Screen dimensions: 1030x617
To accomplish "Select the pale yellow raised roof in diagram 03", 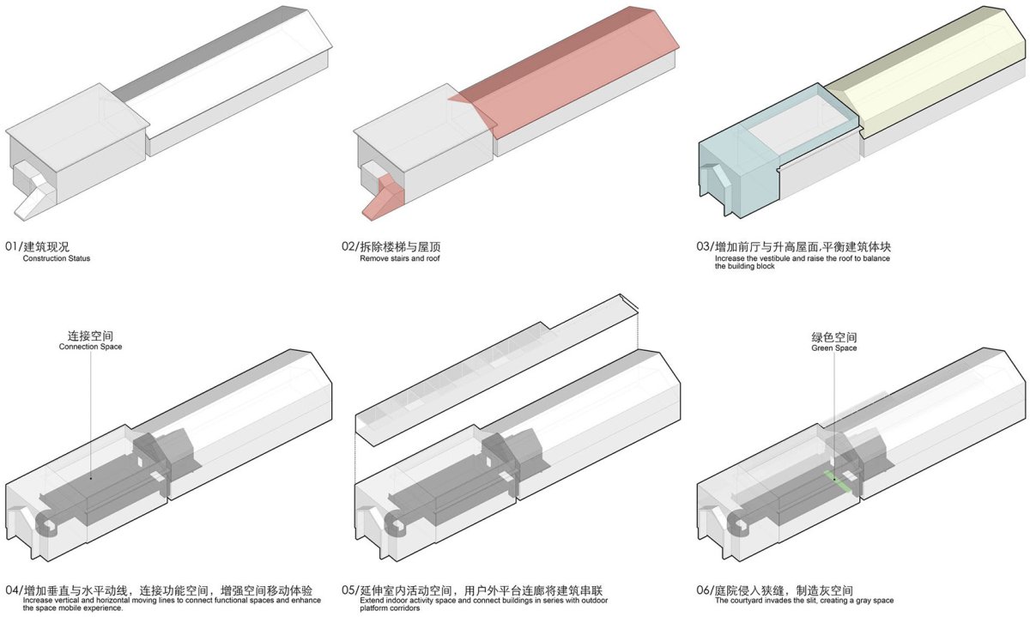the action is click(x=924, y=69).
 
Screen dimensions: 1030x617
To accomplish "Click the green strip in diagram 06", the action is click(x=836, y=481).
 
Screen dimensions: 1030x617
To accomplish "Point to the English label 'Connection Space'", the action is click(x=91, y=347).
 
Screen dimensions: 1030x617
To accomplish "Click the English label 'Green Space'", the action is click(x=834, y=348).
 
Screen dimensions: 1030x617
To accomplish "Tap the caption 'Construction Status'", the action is click(x=57, y=258).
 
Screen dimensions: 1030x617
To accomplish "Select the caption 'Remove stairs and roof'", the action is click(x=400, y=258).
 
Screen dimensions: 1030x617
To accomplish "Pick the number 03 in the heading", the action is click(x=703, y=246).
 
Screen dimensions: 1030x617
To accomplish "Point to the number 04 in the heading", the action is click(x=12, y=590).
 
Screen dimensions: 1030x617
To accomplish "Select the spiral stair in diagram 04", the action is click(x=47, y=525).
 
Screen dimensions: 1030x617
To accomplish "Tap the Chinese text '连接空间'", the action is click(x=90, y=336).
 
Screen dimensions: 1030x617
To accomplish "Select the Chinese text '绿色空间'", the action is click(x=834, y=337).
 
